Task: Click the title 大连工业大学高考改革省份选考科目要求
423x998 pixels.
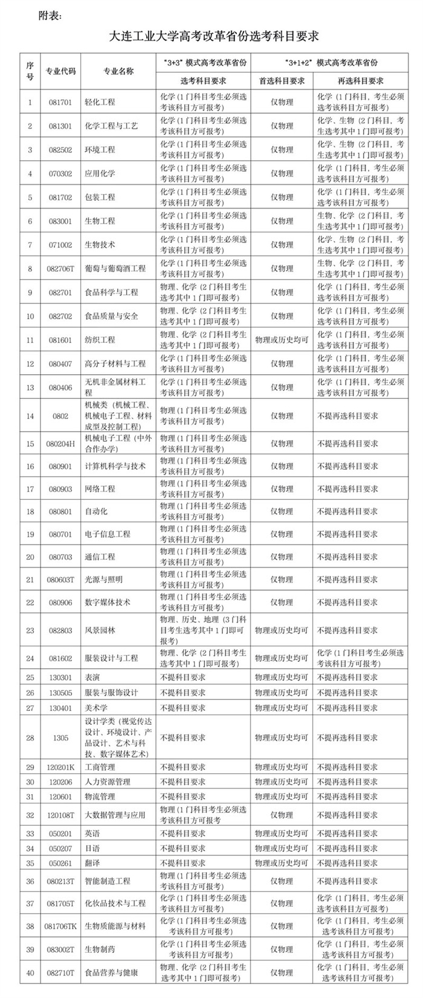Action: pos(214,37)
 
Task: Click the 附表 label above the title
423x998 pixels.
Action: pos(50,13)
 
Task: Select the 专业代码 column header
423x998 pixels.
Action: pos(61,71)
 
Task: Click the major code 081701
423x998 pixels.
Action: pos(60,102)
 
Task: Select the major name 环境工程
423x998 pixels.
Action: pos(100,149)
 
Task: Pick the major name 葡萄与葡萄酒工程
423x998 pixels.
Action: pos(115,268)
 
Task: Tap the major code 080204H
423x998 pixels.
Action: pos(60,443)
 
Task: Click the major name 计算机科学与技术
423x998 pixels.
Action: pos(115,466)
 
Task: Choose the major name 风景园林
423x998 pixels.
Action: pos(100,630)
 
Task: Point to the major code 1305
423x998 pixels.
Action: pos(60,737)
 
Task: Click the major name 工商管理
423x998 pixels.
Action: pos(100,767)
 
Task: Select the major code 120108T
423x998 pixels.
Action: pos(60,815)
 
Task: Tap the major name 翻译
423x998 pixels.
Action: pos(92,863)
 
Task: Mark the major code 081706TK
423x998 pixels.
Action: pos(60,926)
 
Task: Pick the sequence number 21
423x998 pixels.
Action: pos(30,579)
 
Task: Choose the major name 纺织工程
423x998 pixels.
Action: pos(100,340)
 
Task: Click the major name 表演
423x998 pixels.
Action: pos(92,678)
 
